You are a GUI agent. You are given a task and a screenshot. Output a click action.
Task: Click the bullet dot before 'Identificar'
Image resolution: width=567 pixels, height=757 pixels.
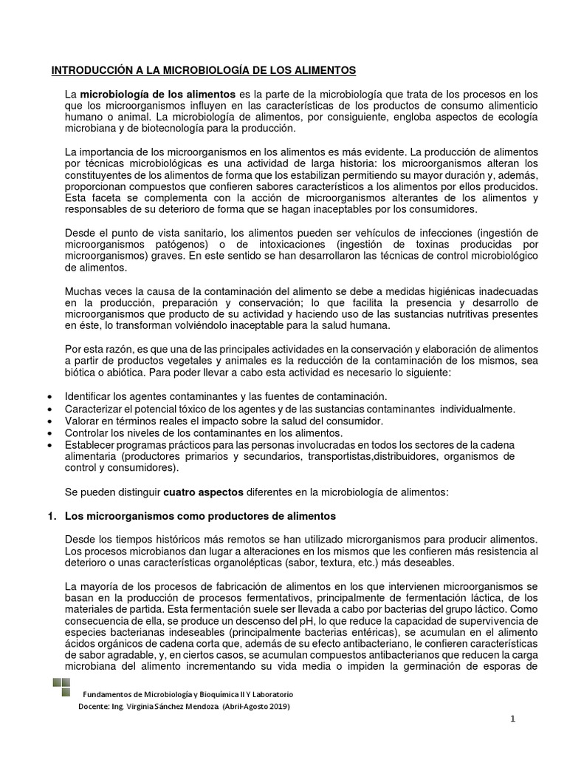(49, 398)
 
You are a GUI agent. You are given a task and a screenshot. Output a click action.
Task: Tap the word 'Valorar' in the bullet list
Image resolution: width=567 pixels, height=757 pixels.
(83, 421)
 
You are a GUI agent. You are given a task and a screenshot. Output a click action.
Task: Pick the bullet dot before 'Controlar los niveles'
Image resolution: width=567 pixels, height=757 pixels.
(49, 432)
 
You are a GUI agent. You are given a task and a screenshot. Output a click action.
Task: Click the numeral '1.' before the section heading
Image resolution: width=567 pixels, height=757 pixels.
(52, 515)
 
